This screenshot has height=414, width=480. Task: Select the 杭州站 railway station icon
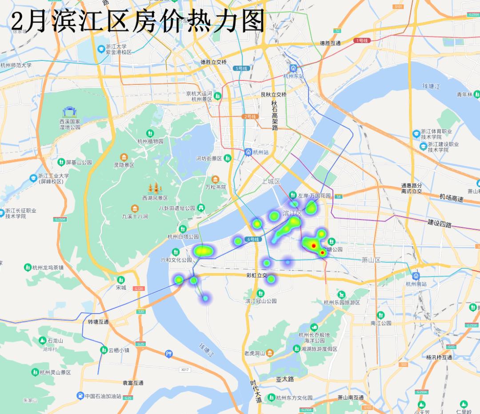tap(248, 152)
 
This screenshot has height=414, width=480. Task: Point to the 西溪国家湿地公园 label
tap(70, 124)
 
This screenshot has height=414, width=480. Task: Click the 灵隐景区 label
tap(124, 165)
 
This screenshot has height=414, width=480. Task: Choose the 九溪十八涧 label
tap(135, 216)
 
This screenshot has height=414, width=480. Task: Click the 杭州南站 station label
tap(416, 284)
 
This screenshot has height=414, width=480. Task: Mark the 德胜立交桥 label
tap(213, 62)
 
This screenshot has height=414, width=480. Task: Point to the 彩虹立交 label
tap(256, 275)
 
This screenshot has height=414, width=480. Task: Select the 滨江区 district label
tap(292, 214)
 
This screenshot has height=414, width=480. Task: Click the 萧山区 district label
tap(371, 260)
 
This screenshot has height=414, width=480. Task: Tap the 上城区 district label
tap(271, 181)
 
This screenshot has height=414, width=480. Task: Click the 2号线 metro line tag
tap(250, 116)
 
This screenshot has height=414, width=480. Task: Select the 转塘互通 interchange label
tap(98, 322)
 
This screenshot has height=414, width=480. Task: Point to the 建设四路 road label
tap(440, 223)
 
